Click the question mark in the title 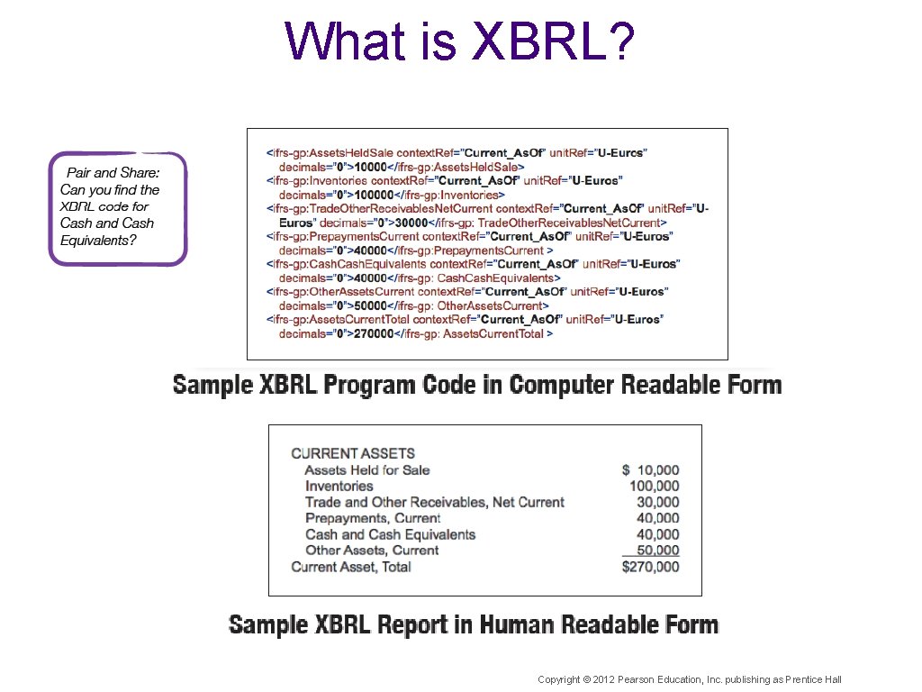coord(622,41)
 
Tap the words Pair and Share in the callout coord(113,172)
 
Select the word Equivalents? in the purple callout coord(98,240)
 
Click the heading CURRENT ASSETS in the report coord(353,453)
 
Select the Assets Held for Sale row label coord(367,469)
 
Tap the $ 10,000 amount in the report coord(650,469)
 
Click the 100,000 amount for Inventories coord(654,486)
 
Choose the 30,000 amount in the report coord(657,502)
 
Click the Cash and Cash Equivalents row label coord(390,534)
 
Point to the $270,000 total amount coord(650,567)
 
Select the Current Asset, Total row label coord(351,567)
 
